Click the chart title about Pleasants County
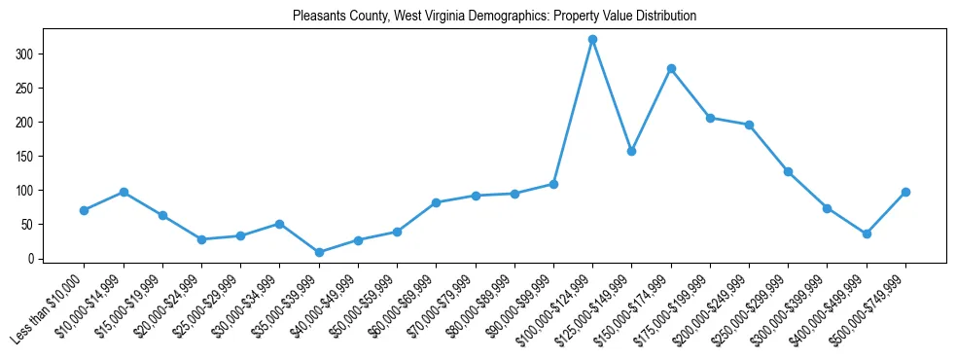point(494,17)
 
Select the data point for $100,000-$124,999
point(592,40)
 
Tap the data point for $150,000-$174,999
point(671,68)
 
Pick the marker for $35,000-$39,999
point(319,252)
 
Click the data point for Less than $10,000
point(85,210)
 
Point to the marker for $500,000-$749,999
point(905,192)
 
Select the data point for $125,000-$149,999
point(632,151)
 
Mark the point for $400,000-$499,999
point(867,234)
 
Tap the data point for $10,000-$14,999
point(124,192)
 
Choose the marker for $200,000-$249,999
point(749,125)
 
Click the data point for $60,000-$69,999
point(436,202)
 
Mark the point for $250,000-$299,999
point(788,171)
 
